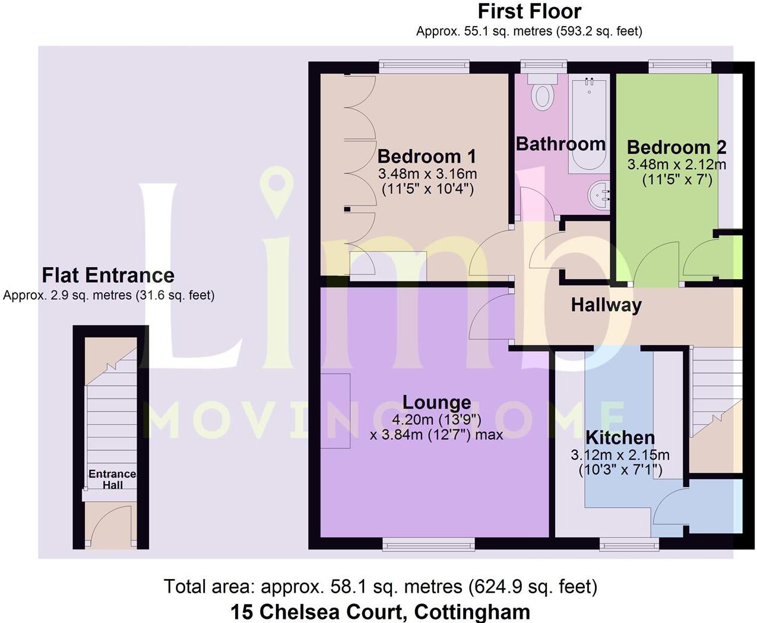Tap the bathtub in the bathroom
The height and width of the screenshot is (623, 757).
click(x=588, y=125)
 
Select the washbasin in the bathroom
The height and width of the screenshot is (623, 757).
click(x=598, y=194)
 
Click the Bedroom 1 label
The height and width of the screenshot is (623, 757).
click(x=426, y=156)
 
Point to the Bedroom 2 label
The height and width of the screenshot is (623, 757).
click(x=676, y=147)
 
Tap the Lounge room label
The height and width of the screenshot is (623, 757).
click(x=436, y=402)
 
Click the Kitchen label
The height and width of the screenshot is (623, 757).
click(x=620, y=438)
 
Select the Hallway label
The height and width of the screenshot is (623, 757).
click(x=606, y=305)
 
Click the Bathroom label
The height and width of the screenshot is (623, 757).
click(x=560, y=144)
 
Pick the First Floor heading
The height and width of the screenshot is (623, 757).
click(x=529, y=11)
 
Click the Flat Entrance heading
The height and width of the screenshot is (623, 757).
click(x=108, y=276)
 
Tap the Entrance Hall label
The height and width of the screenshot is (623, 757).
click(x=112, y=479)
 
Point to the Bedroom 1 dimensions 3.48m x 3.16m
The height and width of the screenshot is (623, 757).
click(x=427, y=174)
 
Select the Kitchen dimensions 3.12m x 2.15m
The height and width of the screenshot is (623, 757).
click(x=620, y=456)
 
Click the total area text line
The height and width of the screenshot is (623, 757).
click(x=380, y=587)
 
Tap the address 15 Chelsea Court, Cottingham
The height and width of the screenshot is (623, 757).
click(x=380, y=611)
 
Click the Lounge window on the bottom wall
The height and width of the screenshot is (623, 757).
click(x=428, y=543)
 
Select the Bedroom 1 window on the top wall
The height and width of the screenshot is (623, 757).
click(x=424, y=67)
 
